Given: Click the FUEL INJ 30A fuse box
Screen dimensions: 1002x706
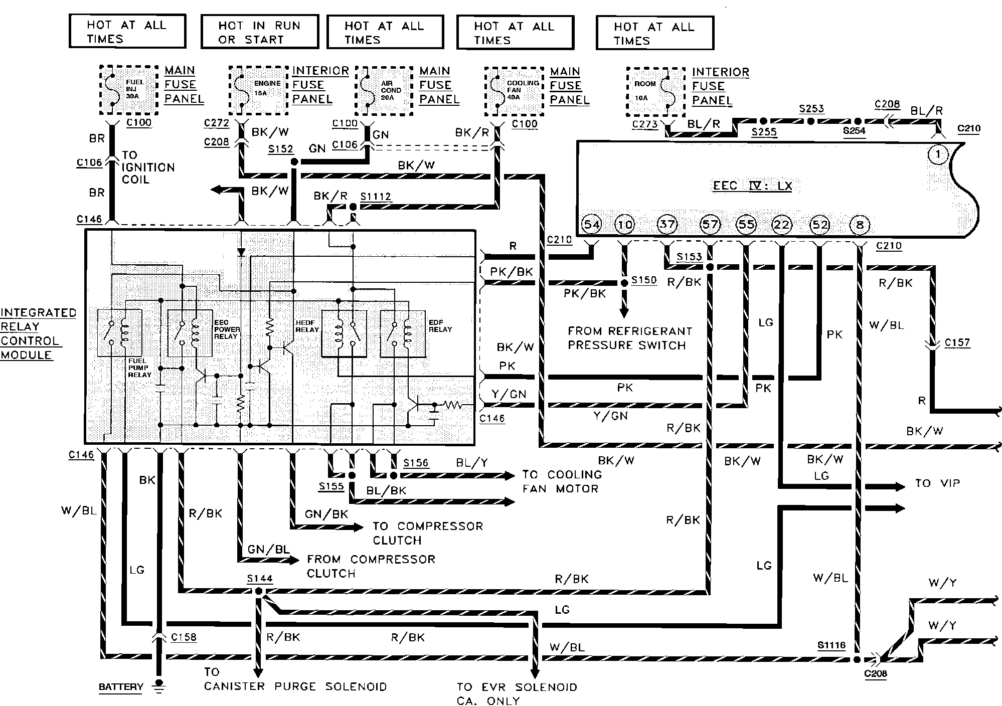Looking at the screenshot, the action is click(129, 90).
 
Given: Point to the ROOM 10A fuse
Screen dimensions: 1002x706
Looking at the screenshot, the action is click(655, 92).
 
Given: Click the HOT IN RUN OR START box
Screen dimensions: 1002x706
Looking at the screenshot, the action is click(260, 32).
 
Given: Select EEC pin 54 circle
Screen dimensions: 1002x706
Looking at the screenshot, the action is click(592, 224).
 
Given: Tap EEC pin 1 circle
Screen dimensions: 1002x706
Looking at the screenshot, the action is click(938, 155).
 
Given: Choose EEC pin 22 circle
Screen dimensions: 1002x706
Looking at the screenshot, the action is click(782, 225).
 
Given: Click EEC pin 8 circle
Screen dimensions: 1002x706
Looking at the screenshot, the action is click(860, 225).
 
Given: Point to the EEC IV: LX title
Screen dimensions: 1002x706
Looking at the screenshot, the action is click(752, 186).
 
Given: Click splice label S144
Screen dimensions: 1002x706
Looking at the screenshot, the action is click(259, 579).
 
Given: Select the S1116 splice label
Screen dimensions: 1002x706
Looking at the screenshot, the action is click(831, 645).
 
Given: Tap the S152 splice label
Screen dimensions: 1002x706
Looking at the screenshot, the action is click(280, 149).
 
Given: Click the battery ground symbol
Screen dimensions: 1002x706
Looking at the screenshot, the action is click(160, 685).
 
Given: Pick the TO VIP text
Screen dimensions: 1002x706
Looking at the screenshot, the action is click(937, 483).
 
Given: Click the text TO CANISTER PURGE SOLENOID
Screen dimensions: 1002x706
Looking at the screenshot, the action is click(295, 679).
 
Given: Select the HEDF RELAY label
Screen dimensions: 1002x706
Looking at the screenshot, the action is click(307, 326).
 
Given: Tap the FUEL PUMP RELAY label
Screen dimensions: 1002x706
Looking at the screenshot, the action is click(139, 368).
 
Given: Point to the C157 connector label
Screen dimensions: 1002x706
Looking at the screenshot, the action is click(957, 342).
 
